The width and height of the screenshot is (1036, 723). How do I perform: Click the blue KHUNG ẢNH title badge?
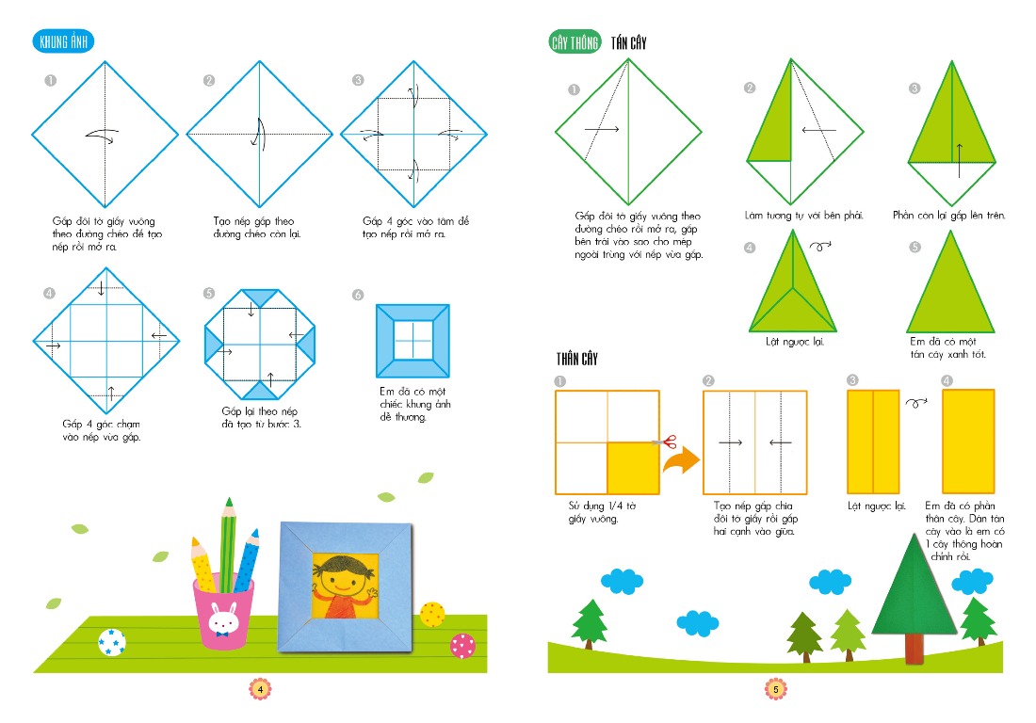click(63, 41)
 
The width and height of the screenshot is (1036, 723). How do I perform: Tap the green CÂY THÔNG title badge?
click(575, 42)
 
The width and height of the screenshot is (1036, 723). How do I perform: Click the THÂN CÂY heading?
click(576, 360)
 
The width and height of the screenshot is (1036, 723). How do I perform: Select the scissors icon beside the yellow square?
click(665, 442)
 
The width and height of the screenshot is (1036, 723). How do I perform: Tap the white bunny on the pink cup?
click(223, 619)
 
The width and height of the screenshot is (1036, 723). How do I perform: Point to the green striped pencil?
click(228, 545)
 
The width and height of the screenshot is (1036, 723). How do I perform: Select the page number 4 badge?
click(260, 689)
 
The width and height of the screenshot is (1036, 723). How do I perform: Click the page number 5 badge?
click(776, 689)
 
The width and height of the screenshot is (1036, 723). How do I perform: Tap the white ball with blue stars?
click(112, 642)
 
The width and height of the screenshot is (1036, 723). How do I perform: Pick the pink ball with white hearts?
click(462, 645)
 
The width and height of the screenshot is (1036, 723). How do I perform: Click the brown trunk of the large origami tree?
click(915, 649)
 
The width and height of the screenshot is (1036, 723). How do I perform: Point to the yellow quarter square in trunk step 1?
click(633, 468)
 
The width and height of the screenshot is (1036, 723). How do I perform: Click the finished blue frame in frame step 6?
click(413, 341)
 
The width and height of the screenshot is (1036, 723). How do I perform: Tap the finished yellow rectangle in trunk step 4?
click(968, 442)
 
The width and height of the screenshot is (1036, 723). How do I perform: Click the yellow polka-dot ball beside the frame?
click(432, 614)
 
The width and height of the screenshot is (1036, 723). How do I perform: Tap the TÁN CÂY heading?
click(628, 43)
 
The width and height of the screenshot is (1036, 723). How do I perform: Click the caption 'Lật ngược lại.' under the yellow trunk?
click(877, 506)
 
